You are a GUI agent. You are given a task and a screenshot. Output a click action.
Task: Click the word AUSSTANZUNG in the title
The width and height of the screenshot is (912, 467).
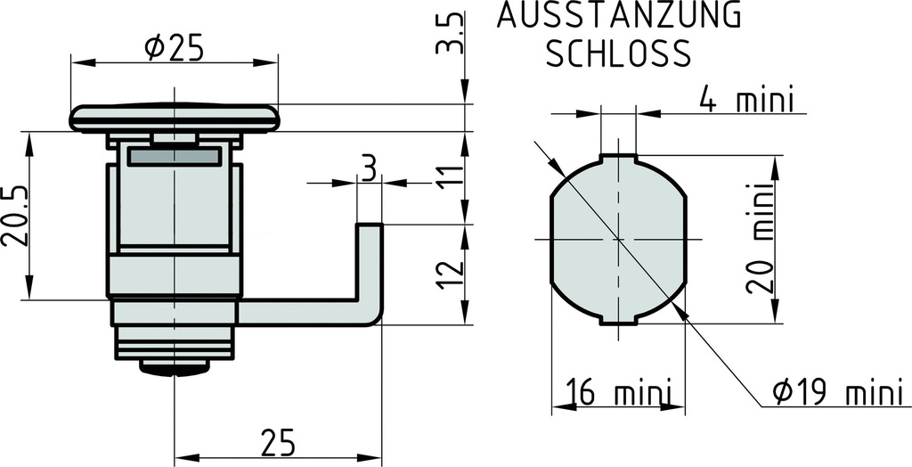(x=618, y=16)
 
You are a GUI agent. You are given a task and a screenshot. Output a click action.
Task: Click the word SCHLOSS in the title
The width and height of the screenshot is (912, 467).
(x=618, y=54)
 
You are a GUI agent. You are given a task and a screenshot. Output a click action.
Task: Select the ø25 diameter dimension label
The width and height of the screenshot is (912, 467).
(x=174, y=48)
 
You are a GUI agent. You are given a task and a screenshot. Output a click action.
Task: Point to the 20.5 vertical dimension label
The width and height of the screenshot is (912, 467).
(x=16, y=217)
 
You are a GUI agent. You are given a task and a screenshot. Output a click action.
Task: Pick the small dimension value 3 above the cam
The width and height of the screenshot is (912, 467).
(x=368, y=167)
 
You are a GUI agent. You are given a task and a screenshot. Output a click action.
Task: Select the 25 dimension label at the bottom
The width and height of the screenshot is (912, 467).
(x=277, y=441)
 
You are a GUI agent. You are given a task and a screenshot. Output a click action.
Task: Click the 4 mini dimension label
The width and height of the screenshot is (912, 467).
(x=745, y=100)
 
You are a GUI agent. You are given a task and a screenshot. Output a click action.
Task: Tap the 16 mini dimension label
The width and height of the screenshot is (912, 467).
(x=617, y=392)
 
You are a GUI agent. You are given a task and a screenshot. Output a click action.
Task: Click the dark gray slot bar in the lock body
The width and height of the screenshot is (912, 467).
(x=174, y=157)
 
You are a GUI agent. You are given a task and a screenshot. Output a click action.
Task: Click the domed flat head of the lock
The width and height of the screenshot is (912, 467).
(x=174, y=118)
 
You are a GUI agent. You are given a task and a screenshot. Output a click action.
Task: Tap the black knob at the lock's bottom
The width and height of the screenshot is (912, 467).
(x=174, y=367)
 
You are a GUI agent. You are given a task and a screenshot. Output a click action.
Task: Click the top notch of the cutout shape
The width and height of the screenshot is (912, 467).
(x=618, y=159)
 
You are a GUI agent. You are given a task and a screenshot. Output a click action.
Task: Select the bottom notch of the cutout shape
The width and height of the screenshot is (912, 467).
(x=618, y=321)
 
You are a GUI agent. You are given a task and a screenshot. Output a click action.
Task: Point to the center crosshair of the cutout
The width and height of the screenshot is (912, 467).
(x=618, y=240)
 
